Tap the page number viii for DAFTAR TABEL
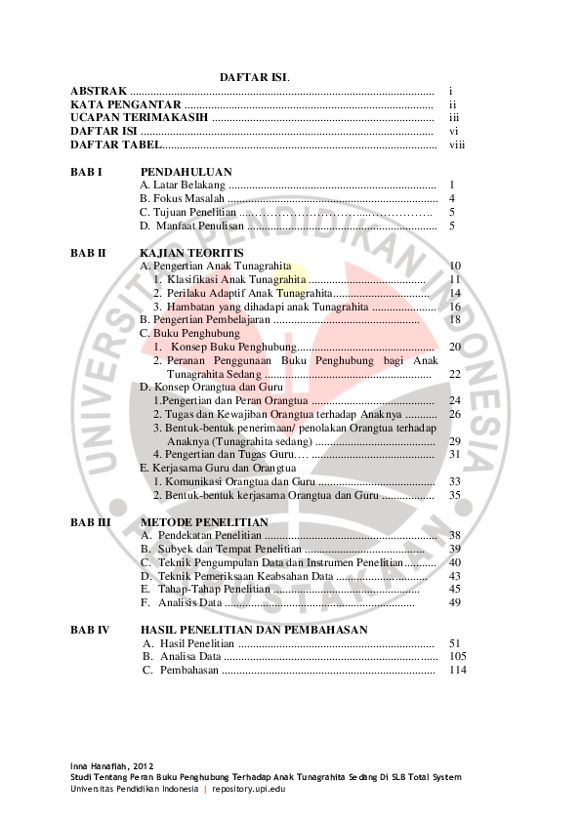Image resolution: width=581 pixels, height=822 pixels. tap(457, 144)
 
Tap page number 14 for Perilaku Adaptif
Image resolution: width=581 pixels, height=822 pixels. tap(454, 293)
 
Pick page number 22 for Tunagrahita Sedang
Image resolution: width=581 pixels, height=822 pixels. tap(454, 374)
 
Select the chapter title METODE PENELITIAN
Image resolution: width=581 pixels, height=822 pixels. tap(204, 522)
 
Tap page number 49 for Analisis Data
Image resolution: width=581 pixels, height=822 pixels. tap(454, 602)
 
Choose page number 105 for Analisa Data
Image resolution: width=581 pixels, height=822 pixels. tap(457, 657)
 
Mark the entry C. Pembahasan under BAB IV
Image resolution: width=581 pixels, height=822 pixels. tap(181, 671)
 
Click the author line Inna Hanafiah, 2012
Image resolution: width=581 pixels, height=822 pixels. tap(111, 765)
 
